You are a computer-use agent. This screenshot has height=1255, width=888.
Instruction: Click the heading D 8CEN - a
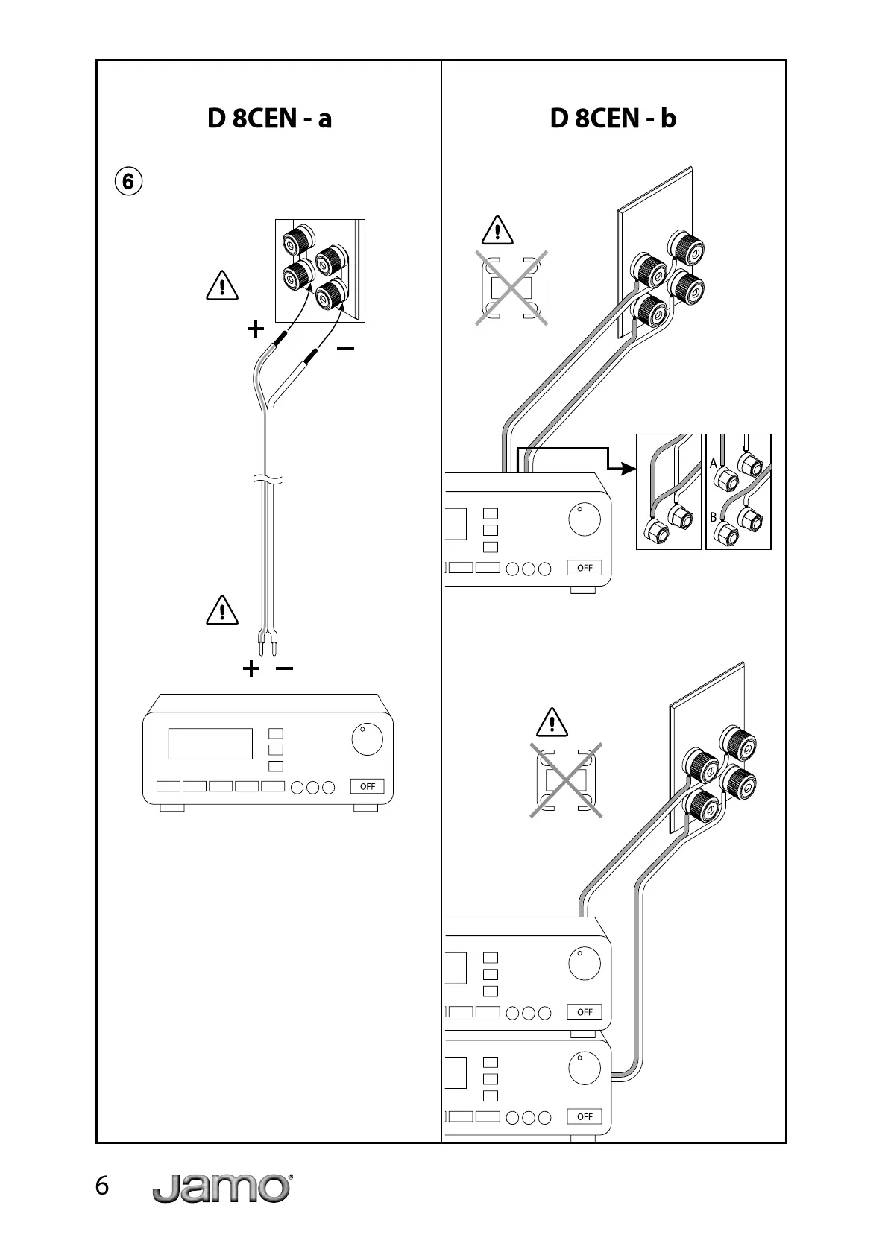[x=269, y=118]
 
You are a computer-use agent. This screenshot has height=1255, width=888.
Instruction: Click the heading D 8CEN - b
[x=613, y=118]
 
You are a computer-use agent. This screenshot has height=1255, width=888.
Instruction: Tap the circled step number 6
[x=128, y=180]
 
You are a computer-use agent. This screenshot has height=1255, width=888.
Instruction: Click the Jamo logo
[x=221, y=1188]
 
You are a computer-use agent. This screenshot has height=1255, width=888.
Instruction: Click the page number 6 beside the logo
[x=102, y=1186]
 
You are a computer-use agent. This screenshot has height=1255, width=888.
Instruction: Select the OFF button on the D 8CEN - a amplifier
[x=368, y=786]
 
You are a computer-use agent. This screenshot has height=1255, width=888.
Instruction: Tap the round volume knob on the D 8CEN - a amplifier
[x=367, y=739]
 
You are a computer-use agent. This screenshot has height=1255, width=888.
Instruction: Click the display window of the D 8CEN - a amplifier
[x=210, y=744]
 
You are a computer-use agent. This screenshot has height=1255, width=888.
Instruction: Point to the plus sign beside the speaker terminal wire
[x=256, y=329]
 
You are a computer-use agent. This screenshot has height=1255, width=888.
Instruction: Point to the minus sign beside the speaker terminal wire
[x=345, y=348]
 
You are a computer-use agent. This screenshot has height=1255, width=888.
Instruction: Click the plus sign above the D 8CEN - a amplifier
[x=251, y=668]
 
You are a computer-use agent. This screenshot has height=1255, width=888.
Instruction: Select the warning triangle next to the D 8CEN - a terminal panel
[x=221, y=286]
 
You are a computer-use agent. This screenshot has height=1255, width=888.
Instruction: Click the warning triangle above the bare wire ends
[x=221, y=610]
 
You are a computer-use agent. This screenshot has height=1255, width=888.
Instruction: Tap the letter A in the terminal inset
[x=714, y=464]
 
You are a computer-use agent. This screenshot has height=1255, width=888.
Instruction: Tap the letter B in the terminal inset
[x=714, y=516]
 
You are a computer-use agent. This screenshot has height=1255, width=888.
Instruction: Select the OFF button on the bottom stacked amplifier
[x=585, y=1116]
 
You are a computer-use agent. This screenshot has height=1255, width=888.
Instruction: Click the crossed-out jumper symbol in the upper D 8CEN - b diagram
[x=512, y=288]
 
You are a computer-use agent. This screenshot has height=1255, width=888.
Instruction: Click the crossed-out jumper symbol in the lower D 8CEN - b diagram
[x=566, y=780]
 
